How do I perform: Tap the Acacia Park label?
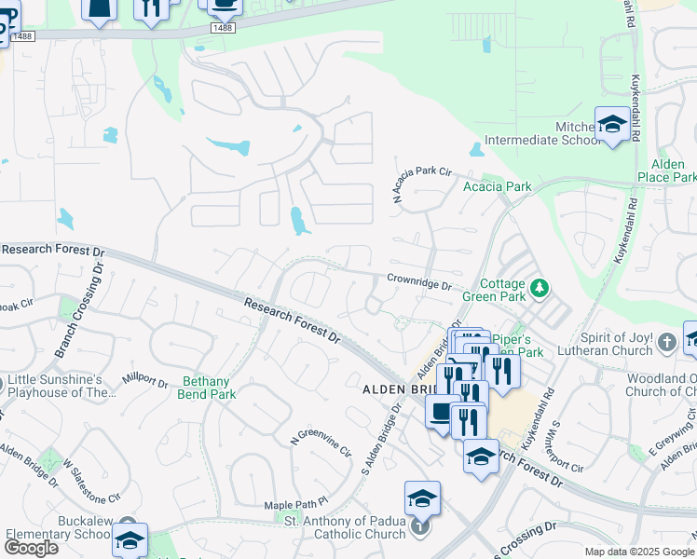click(x=498, y=187)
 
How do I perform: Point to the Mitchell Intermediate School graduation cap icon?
click(x=612, y=123)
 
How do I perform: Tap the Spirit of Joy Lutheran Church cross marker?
click(x=666, y=343)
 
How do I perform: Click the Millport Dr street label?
click(x=144, y=381)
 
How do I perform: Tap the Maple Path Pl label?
click(x=296, y=504)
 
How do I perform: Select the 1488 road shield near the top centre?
click(x=222, y=29)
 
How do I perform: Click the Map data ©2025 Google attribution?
click(x=639, y=552)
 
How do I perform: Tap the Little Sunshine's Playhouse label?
click(x=61, y=385)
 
